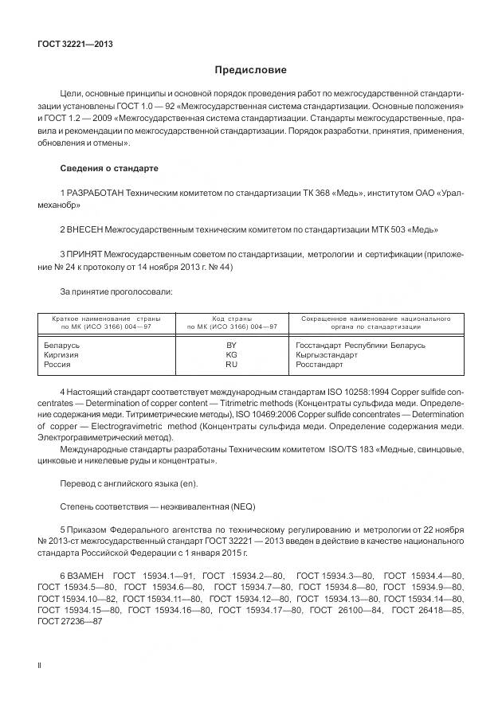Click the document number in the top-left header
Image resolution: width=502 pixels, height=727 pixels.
(75, 44)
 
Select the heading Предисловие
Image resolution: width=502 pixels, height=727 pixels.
(251, 70)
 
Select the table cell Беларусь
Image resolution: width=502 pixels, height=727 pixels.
(60, 345)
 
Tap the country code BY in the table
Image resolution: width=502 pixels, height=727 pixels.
(232, 345)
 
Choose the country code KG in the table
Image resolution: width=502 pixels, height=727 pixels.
(232, 354)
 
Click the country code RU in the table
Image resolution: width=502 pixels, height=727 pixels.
(232, 364)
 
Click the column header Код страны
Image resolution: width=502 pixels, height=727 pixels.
(232, 318)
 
